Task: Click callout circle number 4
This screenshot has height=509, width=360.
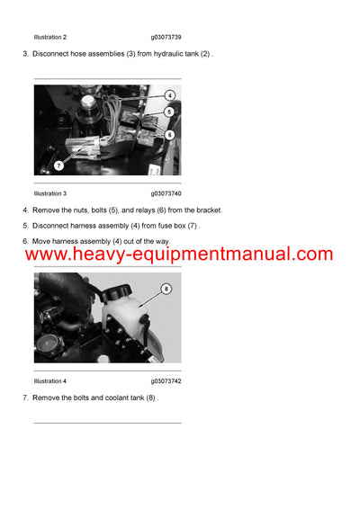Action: click(169, 94)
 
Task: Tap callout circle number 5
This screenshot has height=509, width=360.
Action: click(169, 112)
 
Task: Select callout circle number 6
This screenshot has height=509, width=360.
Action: click(169, 134)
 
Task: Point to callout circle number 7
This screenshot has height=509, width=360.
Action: click(59, 165)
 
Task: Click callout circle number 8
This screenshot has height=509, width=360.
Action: click(165, 289)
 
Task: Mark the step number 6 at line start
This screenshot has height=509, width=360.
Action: click(24, 240)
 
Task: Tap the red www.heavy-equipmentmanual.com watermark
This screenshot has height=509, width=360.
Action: click(179, 254)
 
